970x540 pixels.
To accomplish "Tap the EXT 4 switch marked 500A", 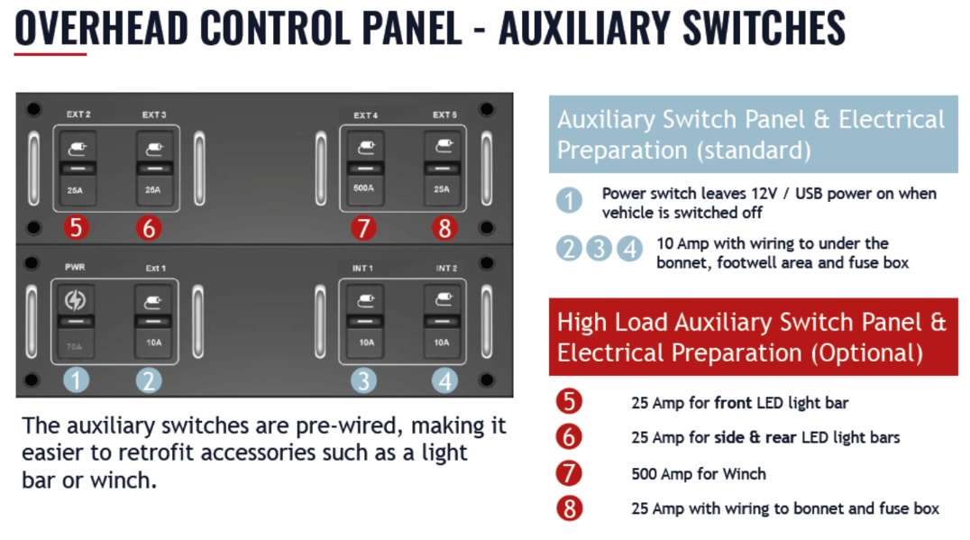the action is point(366,169).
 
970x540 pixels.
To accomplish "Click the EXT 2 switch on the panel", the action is point(78,169).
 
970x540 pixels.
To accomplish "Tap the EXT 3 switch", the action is point(155,169).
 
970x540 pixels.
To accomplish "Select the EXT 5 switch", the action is point(443,169).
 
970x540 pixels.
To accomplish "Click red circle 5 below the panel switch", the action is point(76,227).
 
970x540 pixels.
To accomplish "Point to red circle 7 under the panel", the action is point(364,227).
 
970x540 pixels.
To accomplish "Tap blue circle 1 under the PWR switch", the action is point(76,380).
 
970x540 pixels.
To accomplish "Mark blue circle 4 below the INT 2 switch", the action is point(444,380).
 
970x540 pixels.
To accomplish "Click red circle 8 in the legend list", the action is point(569,508).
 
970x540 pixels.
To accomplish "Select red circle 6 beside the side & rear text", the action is point(569,436).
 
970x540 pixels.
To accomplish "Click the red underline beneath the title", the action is point(50,54).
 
